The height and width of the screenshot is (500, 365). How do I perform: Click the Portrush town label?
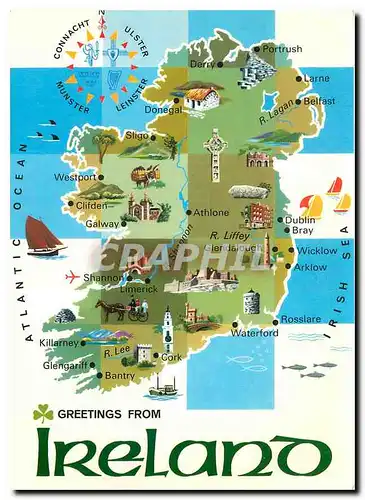[x=283, y=48]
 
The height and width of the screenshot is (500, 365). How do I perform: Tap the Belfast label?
[x=319, y=101]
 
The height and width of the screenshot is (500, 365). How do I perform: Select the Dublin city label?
[x=299, y=219]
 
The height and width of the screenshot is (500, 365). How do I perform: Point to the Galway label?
[x=102, y=224]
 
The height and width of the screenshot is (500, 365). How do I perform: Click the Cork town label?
[x=172, y=356]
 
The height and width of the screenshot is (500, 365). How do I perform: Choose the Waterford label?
[x=254, y=333]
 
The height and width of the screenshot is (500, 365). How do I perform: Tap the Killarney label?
[x=58, y=342]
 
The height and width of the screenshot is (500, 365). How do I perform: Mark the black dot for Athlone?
[x=188, y=212]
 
